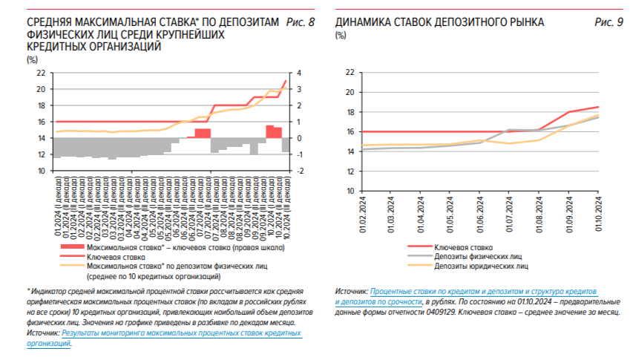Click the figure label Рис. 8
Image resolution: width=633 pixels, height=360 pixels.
coord(300,22)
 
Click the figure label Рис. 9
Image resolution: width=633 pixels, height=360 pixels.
coord(609,22)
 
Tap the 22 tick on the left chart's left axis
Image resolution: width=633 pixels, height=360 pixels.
coord(40,73)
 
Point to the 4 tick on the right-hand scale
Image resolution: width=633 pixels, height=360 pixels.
coord(298,73)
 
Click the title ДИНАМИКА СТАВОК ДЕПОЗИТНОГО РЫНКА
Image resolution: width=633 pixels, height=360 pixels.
coord(440,22)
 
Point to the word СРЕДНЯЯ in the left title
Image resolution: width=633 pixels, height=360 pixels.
coord(48,22)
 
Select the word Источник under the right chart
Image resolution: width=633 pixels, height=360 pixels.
coord(351,293)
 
